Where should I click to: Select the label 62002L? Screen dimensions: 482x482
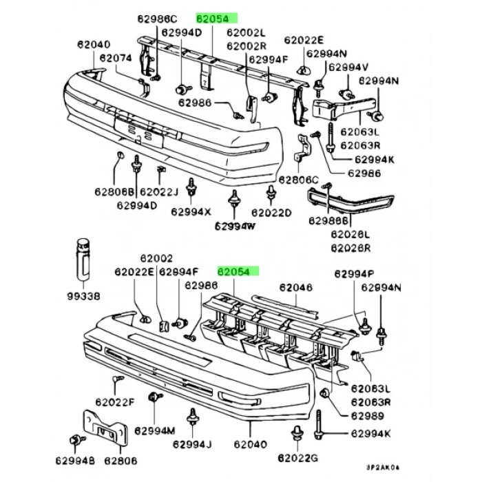[246, 32]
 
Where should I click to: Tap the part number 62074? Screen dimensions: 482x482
[115, 59]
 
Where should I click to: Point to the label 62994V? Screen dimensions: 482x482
[348, 67]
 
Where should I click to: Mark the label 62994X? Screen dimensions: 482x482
[191, 212]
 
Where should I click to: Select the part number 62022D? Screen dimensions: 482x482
[271, 212]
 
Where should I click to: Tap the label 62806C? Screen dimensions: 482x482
[299, 180]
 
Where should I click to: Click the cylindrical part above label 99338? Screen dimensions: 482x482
[83, 258]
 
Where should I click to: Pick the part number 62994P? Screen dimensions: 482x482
[355, 273]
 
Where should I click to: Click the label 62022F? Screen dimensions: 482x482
[115, 401]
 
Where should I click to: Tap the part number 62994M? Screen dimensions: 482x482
[156, 430]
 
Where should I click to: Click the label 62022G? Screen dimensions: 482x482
[299, 457]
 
